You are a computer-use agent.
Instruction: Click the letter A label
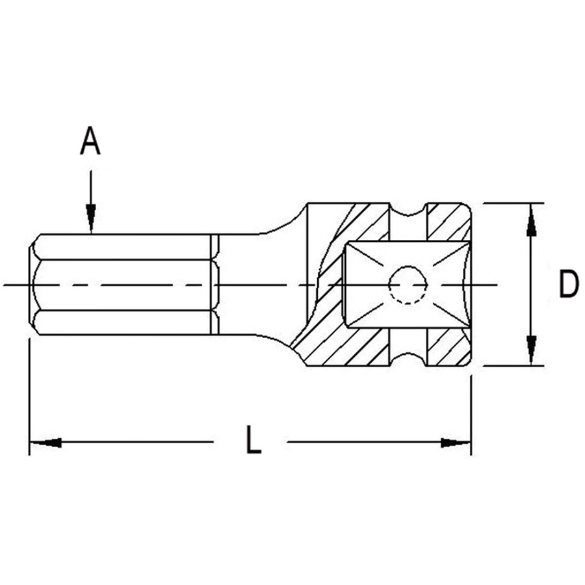click(x=90, y=140)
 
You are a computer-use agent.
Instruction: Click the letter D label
click(x=568, y=284)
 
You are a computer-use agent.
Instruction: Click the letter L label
click(x=253, y=440)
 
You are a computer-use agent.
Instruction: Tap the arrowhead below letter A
click(x=90, y=218)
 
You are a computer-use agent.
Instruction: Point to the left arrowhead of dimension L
click(x=45, y=443)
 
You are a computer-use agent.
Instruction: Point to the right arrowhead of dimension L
click(x=456, y=443)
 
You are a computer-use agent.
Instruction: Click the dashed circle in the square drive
click(x=408, y=285)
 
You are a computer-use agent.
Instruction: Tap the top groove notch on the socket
click(x=408, y=210)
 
